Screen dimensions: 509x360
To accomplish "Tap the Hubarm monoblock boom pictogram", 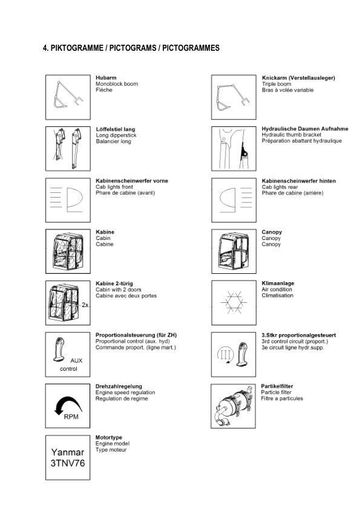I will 67,97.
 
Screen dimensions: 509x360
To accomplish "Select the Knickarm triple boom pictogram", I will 233,97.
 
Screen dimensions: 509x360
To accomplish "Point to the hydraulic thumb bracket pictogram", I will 233,149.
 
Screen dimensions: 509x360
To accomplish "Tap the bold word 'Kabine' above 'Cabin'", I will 105,232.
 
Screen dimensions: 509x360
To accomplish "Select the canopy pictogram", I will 233,251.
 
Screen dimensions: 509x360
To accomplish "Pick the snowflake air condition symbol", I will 233,302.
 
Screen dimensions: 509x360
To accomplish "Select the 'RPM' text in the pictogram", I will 71,417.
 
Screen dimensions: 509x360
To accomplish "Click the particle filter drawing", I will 233,405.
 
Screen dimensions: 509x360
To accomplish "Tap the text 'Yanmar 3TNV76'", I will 67,458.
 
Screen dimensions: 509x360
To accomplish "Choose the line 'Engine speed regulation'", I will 125,392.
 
